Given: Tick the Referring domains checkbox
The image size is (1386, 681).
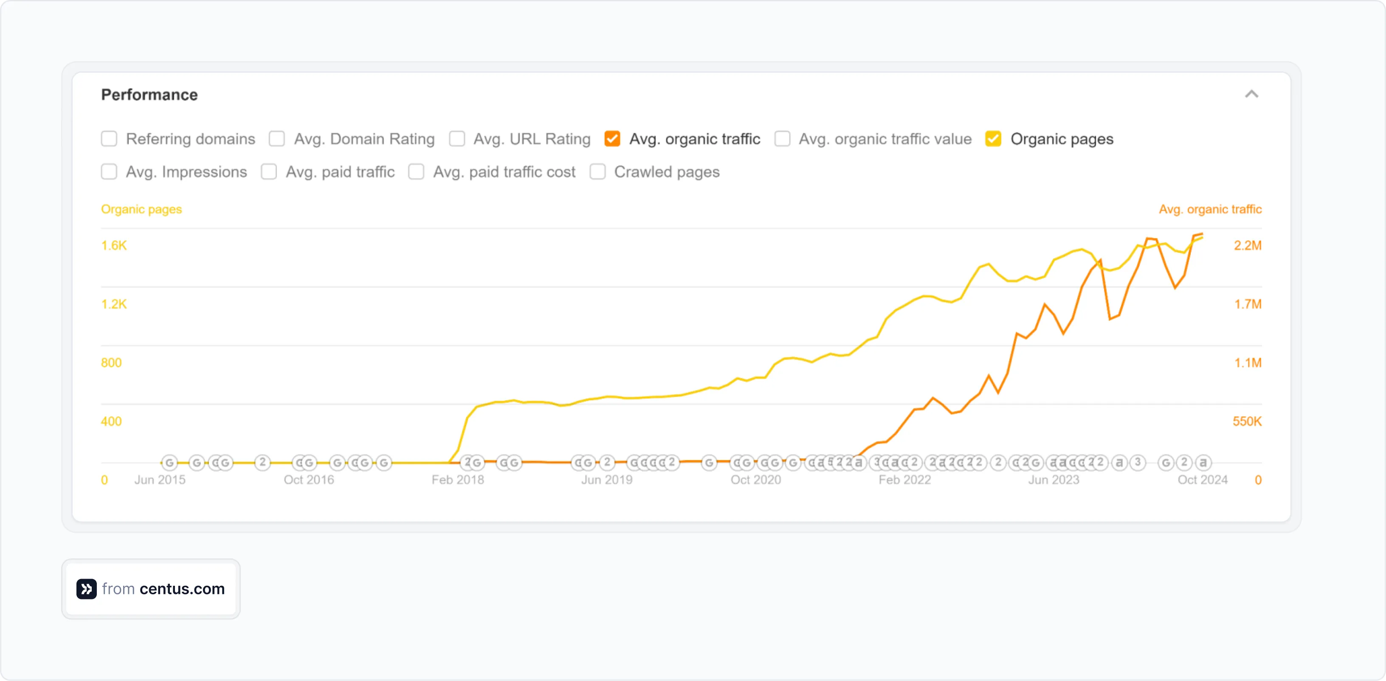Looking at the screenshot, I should click(x=109, y=139).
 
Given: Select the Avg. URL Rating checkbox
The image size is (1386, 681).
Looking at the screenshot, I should click(x=457, y=139).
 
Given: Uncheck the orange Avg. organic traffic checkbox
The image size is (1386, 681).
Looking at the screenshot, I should click(x=612, y=139).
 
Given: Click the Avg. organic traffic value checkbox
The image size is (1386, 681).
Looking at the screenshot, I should click(x=782, y=139).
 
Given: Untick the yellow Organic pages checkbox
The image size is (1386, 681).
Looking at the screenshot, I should click(x=993, y=139).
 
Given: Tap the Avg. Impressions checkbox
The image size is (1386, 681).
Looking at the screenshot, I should click(x=109, y=172).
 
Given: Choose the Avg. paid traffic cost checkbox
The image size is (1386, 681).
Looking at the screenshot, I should click(x=416, y=172).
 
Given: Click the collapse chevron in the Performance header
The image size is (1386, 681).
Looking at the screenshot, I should click(x=1251, y=94).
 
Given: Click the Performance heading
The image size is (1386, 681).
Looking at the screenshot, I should click(x=149, y=95).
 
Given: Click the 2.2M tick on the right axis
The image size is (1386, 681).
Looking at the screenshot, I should click(x=1247, y=246).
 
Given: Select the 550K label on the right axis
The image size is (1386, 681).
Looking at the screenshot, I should click(x=1247, y=421).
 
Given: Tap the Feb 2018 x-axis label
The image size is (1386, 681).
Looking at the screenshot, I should click(x=458, y=480).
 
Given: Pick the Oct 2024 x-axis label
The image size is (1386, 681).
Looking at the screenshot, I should click(x=1203, y=480).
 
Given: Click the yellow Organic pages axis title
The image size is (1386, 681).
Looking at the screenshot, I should click(x=141, y=209).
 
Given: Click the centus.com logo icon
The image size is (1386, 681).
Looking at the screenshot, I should click(x=87, y=589).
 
